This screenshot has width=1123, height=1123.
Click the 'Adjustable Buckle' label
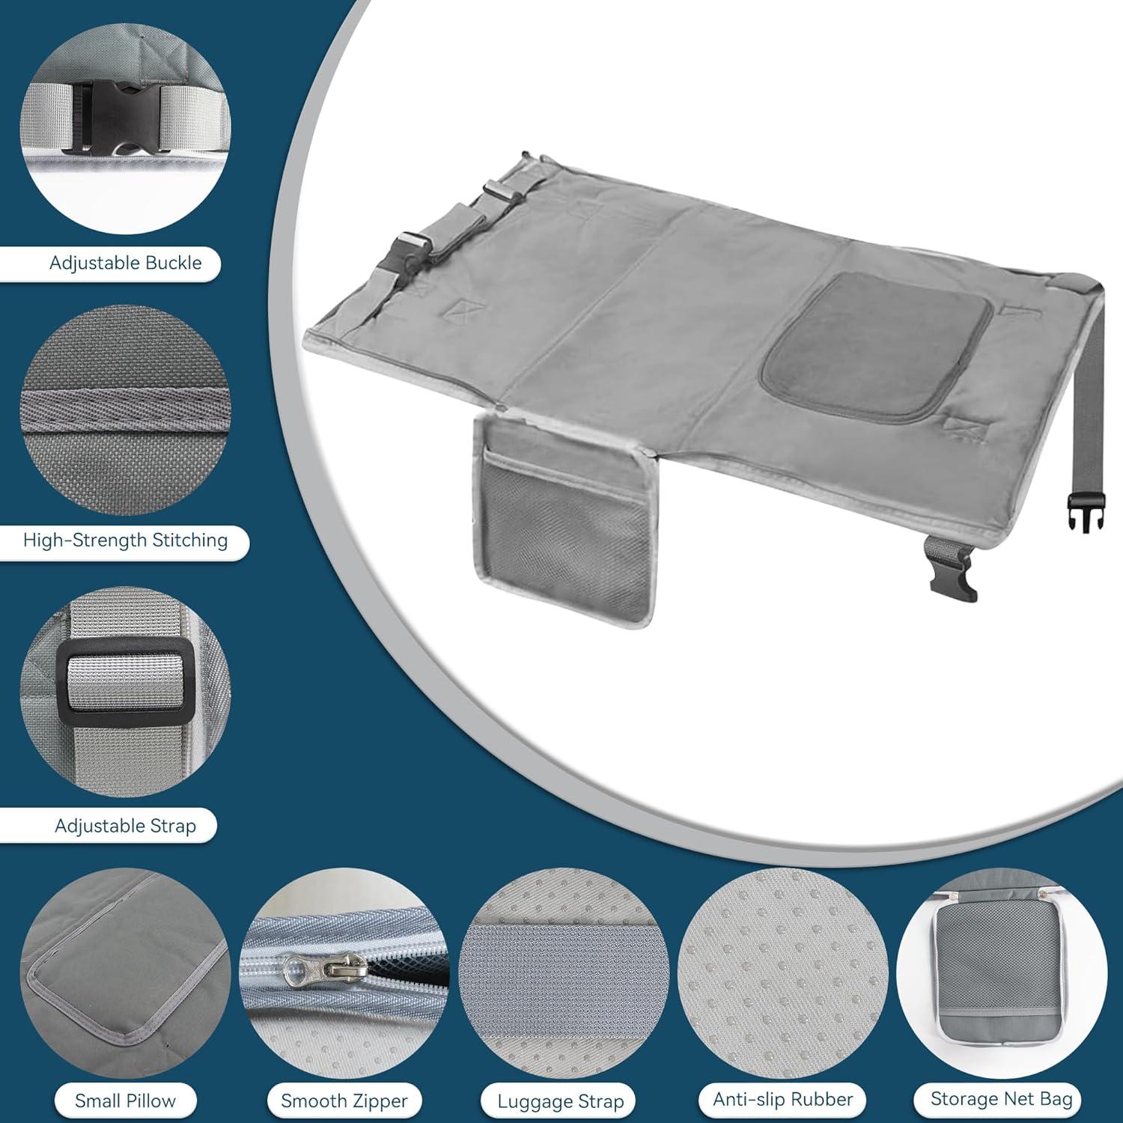[125, 264]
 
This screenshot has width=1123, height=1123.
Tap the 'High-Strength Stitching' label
[125, 541]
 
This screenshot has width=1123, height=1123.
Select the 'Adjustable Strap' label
[125, 827]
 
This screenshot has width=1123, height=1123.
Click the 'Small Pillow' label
[125, 1101]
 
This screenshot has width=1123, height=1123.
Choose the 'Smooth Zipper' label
[344, 1101]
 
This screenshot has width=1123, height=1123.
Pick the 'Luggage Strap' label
[561, 1102]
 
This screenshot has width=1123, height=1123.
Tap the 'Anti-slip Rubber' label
[782, 1100]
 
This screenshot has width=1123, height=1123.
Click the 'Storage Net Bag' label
[1001, 1099]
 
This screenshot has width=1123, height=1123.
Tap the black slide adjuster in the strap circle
[124, 678]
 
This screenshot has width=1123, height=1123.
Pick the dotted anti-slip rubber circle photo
[782, 973]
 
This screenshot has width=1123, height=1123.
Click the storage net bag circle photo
[1001, 973]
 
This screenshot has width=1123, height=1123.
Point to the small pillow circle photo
[125, 973]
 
